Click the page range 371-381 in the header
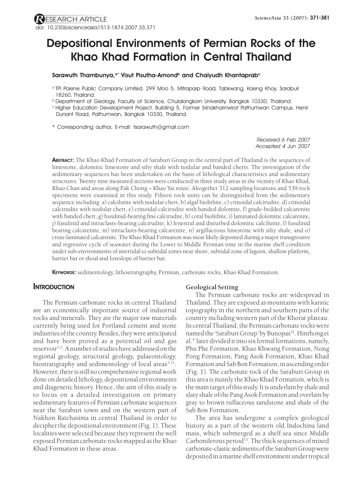coord(320,18)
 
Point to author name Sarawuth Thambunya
coord(83,75)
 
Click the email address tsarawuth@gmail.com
coord(161,127)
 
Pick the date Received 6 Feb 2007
coord(283,140)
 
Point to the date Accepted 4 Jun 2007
coord(283,146)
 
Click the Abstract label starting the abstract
coord(63,160)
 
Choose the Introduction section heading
coord(53,287)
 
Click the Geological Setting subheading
coord(212,287)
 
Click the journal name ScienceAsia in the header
coord(269,18)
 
